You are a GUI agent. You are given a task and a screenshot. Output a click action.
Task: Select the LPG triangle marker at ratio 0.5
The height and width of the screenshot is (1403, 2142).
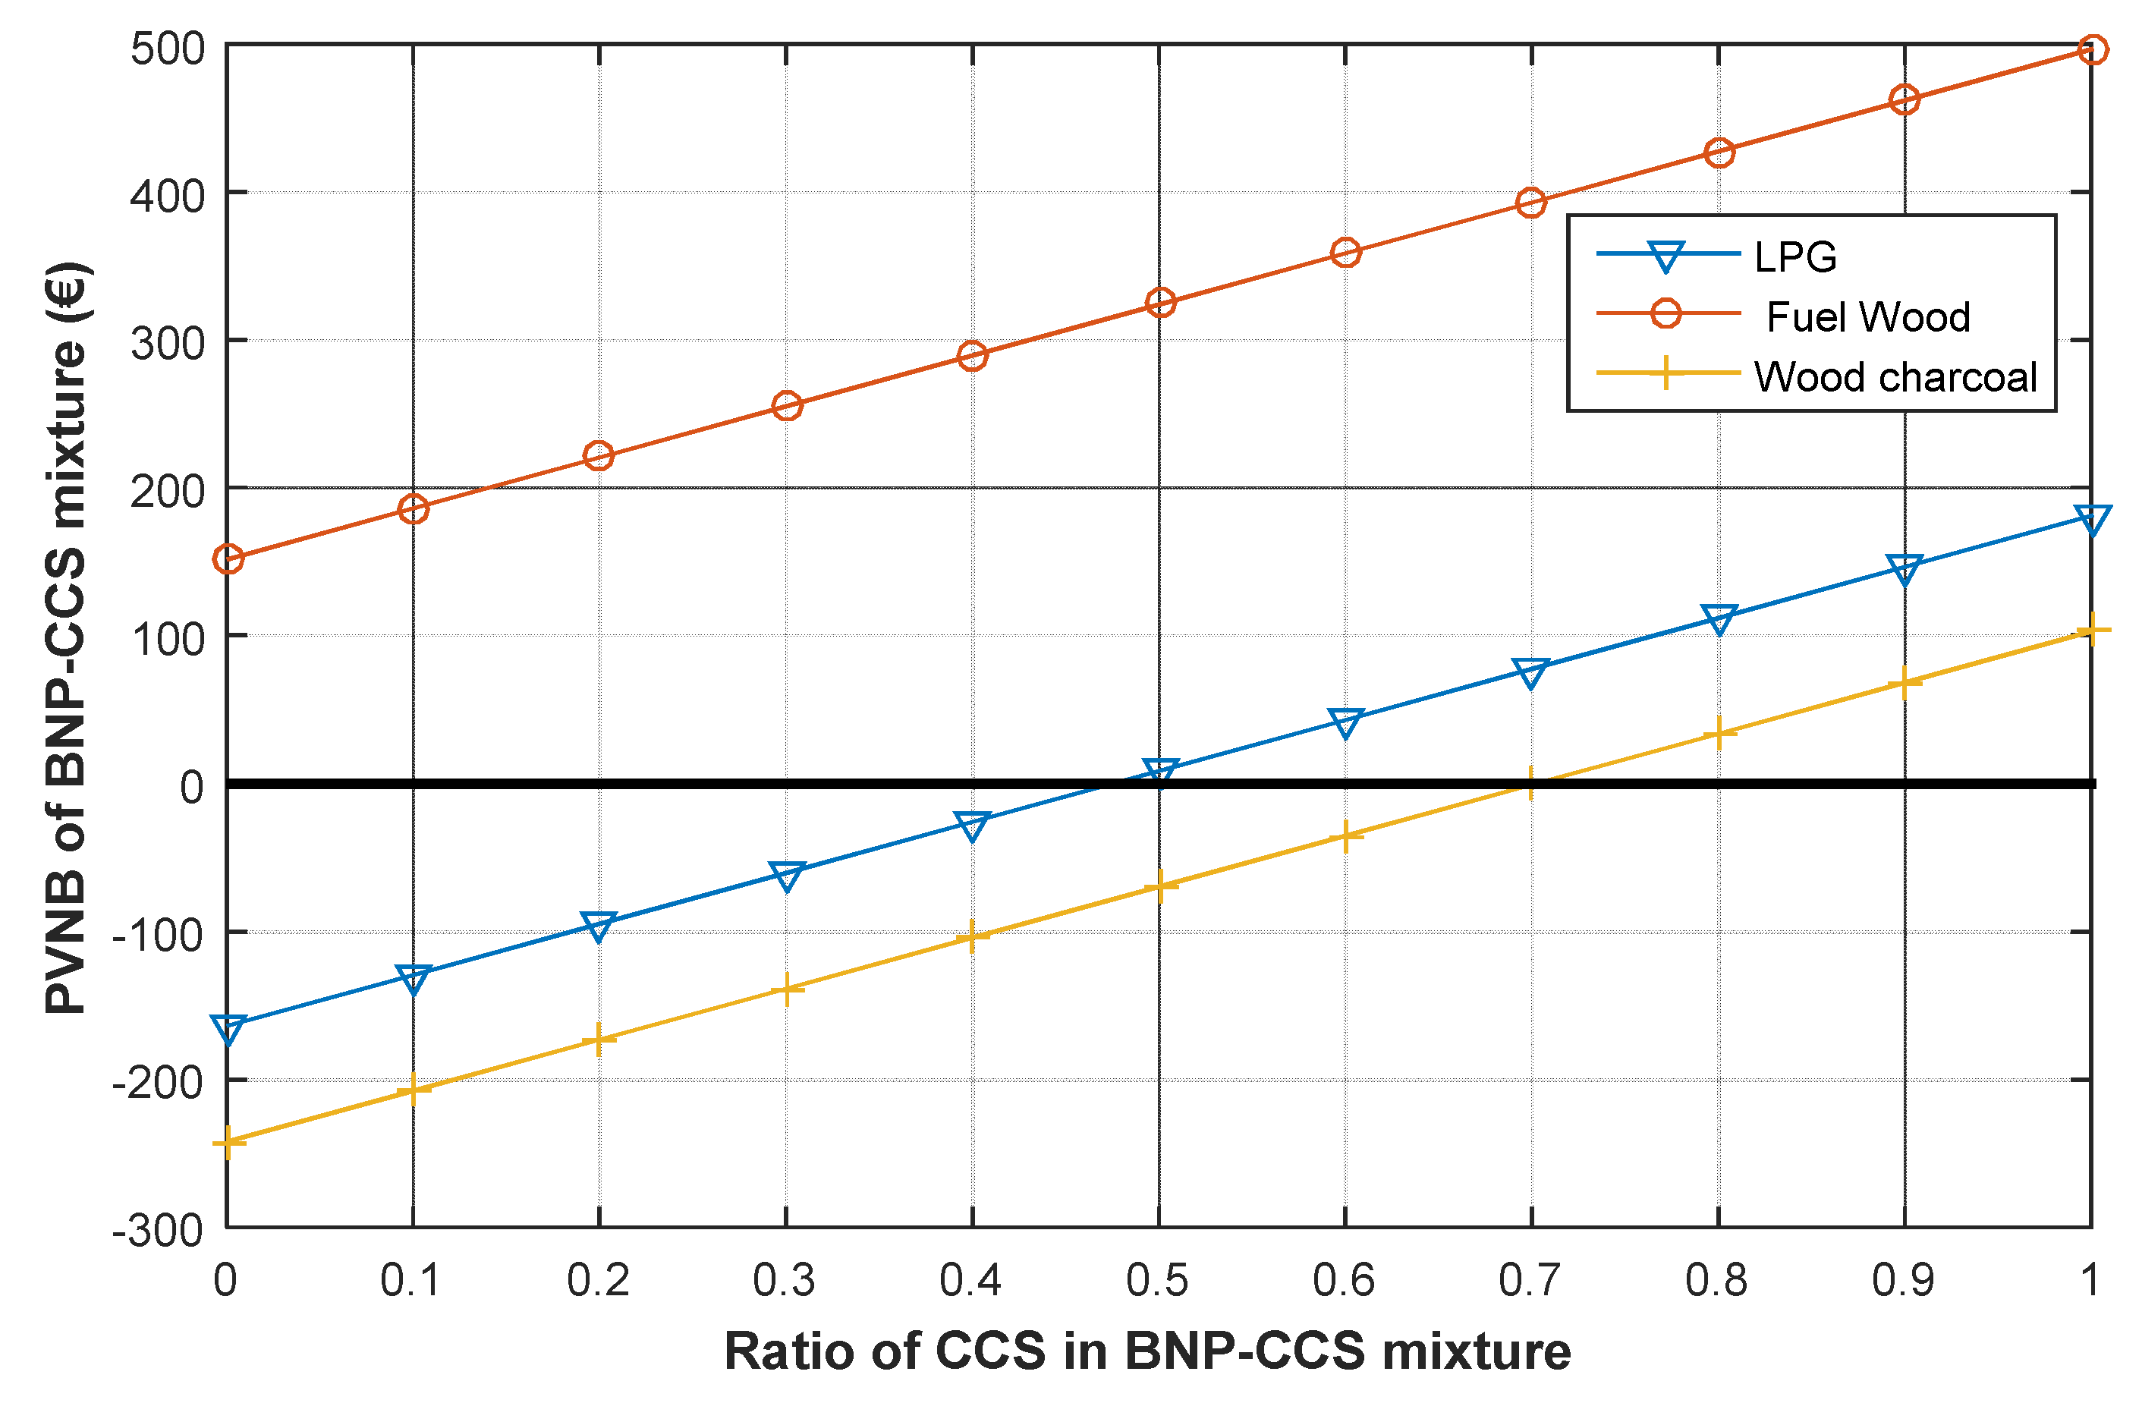tap(1160, 771)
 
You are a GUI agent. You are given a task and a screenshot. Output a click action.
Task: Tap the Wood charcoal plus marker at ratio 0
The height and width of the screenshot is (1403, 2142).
tap(228, 1142)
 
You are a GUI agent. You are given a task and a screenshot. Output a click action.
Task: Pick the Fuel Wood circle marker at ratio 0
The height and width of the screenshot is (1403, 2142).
tap(228, 559)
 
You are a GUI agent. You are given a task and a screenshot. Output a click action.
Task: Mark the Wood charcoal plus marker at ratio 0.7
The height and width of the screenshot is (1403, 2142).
tap(1531, 783)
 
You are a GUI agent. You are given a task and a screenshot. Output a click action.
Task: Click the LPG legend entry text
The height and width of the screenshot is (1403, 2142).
tap(1794, 258)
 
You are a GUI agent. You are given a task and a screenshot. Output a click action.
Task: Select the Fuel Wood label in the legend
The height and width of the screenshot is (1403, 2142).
tap(1867, 316)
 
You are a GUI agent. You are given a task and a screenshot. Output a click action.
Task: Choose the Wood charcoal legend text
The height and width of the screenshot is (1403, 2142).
tap(1895, 377)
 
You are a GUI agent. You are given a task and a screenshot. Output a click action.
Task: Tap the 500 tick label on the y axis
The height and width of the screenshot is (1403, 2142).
tap(168, 49)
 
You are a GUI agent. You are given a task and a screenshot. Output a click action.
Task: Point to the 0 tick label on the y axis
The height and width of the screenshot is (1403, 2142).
tap(190, 788)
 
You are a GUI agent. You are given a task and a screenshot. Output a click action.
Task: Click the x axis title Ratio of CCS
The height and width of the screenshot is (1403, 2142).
tap(1147, 1351)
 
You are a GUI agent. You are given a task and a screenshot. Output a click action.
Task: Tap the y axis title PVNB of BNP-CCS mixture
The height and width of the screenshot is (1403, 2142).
tap(68, 639)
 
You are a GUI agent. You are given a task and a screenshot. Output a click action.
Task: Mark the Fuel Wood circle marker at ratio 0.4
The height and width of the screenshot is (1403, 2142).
tap(972, 355)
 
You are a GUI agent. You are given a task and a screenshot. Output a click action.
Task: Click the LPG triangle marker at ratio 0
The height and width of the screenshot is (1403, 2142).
tap(228, 1027)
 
